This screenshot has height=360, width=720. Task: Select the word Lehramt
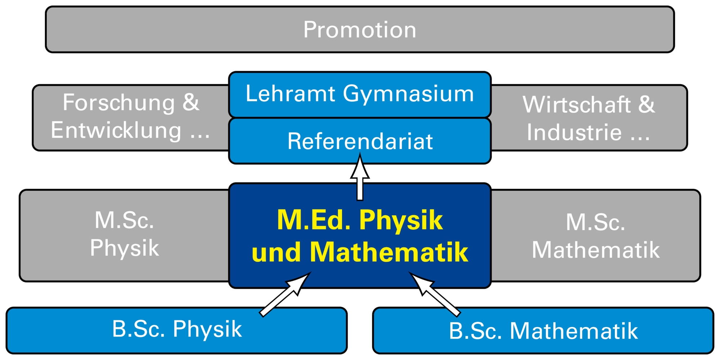click(291, 94)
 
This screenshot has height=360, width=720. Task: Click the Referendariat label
click(360, 141)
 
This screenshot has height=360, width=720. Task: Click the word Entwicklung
click(116, 130)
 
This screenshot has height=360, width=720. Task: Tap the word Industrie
click(574, 132)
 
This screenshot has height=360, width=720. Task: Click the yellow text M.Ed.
click(314, 220)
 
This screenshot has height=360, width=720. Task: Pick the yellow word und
click(276, 252)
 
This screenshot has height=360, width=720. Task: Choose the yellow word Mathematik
click(389, 252)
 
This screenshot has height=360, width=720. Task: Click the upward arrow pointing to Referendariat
click(360, 176)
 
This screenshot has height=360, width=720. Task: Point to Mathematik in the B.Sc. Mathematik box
click(574, 331)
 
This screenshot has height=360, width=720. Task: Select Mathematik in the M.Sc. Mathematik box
click(596, 250)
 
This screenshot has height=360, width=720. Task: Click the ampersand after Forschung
click(191, 102)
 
